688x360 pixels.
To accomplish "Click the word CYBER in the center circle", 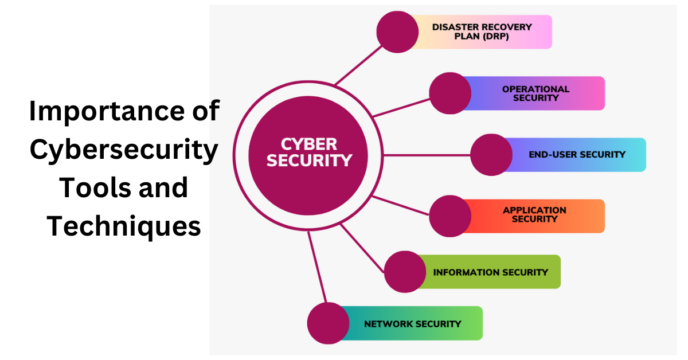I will tap(309, 144).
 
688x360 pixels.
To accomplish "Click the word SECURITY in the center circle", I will tap(309, 161).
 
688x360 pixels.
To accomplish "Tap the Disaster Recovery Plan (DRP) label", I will tap(482, 32).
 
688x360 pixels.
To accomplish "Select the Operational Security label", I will tap(535, 93).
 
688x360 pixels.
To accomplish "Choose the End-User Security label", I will tap(577, 154).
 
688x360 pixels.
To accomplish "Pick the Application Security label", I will tap(534, 214).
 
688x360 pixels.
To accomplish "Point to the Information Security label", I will tap(490, 272).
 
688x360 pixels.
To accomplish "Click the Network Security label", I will tap(412, 324).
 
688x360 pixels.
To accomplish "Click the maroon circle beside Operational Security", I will tap(450, 93).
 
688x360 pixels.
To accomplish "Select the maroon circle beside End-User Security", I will tap(491, 155).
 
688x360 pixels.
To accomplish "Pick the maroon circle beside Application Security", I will tap(450, 216).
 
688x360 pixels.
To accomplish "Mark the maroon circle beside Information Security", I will tap(405, 272).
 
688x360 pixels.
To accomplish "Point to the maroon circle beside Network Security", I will tap(328, 323).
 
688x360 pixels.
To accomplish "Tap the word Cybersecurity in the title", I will tap(124, 150).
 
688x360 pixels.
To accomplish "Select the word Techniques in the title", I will tap(124, 226).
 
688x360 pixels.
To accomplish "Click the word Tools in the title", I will tap(96, 188).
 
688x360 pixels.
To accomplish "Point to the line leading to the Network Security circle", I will tap(317, 269).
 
